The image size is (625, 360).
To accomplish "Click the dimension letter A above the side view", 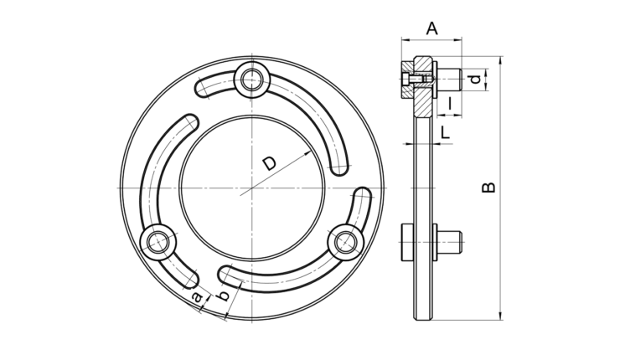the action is pyautogui.click(x=432, y=28).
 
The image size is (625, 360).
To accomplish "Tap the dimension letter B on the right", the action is pyautogui.click(x=488, y=188).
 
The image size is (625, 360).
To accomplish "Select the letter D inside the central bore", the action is pyautogui.click(x=269, y=163).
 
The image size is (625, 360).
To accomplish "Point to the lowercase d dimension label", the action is pyautogui.click(x=475, y=80).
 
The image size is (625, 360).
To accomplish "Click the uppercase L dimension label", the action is pyautogui.click(x=445, y=132).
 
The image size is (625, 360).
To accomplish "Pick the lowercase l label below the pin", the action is pyautogui.click(x=450, y=103).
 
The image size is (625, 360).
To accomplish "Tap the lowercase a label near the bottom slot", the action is pyautogui.click(x=196, y=296).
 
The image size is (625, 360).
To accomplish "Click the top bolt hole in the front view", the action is pyautogui.click(x=252, y=80).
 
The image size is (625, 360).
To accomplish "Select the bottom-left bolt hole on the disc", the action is pyautogui.click(x=158, y=242).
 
